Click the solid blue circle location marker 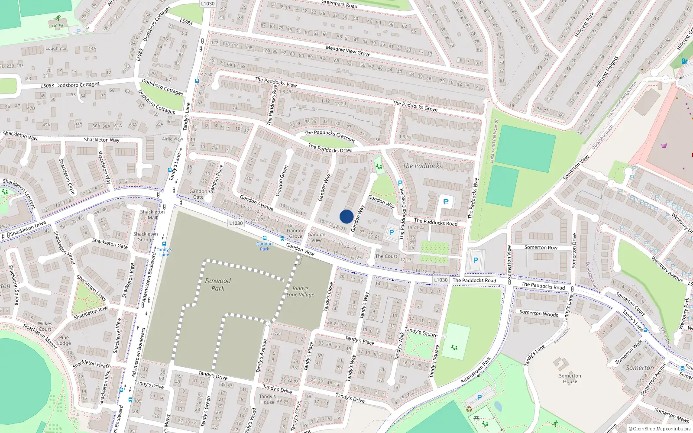pos(346,216)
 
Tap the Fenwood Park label pos(218,284)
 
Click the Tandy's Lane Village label pos(301,291)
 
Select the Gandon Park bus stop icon pos(265,239)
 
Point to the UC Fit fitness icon pos(58,19)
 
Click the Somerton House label pos(570,378)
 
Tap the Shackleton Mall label pos(152,214)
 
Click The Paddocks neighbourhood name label pos(422,166)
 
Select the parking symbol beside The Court pos(392,233)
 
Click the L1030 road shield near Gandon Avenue pos(236,223)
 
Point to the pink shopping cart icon pos(664,145)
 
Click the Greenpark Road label pos(339,4)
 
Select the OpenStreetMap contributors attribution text pos(660,429)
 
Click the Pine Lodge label pos(64,340)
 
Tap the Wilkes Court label pos(45,326)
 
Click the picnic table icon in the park pos(476,418)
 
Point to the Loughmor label pos(56,48)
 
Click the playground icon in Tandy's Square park pos(454,347)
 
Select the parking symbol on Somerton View pos(475,260)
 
